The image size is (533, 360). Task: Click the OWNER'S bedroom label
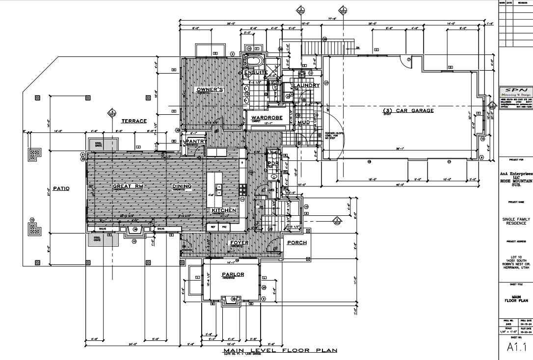pyautogui.click(x=210, y=89)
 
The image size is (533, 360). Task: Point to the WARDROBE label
pyautogui.click(x=266, y=118)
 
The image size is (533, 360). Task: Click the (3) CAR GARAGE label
pyautogui.click(x=408, y=110)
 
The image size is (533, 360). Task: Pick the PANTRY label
pyautogui.click(x=196, y=141)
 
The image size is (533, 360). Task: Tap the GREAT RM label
pyautogui.click(x=127, y=186)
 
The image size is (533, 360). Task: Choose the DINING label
pyautogui.click(x=182, y=186)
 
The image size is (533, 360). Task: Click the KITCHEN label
pyautogui.click(x=224, y=210)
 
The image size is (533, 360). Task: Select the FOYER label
pyautogui.click(x=239, y=243)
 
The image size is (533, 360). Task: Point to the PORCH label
pyautogui.click(x=297, y=243)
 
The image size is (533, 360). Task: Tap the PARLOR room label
pyautogui.click(x=233, y=275)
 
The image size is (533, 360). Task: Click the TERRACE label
pyautogui.click(x=134, y=120)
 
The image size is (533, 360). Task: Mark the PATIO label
pyautogui.click(x=61, y=188)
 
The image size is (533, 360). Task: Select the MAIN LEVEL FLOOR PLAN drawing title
pyautogui.click(x=280, y=350)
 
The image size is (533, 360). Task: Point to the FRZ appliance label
pyautogui.click(x=223, y=227)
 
